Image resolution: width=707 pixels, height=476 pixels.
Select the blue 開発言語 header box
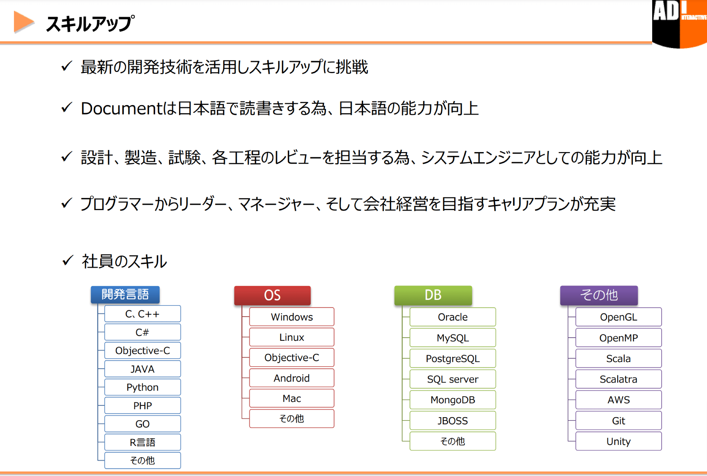125,294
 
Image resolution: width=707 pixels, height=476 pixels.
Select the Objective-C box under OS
292,358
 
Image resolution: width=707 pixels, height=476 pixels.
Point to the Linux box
292,337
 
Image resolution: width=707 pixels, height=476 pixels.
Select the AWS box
618,400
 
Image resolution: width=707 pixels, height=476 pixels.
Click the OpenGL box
618,317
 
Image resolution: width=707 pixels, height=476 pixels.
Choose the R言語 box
142,442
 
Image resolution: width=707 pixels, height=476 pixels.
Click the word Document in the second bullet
122,108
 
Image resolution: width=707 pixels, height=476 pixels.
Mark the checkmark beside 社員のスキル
67,261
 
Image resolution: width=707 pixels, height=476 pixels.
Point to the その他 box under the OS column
292,419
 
